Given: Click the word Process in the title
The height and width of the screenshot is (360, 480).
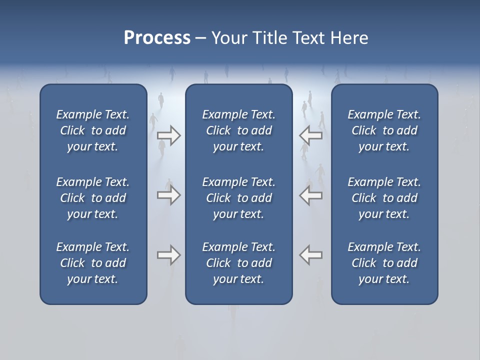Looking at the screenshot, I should pos(157,38).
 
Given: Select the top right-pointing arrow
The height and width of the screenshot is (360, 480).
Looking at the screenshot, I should pos(168,135).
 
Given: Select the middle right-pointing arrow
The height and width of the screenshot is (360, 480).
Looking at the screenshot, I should pos(168,195).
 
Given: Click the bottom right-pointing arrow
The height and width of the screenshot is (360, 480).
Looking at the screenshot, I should pos(168,255).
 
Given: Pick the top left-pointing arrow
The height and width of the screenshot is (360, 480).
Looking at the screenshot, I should pos(311,135).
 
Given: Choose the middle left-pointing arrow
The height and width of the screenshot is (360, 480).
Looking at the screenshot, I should pos(311,195).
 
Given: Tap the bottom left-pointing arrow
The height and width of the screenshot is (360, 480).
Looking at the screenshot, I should pos(311,255).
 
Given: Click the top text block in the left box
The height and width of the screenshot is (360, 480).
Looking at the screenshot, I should pos(93,130).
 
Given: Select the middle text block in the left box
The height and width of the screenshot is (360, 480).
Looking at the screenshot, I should pos(93,198).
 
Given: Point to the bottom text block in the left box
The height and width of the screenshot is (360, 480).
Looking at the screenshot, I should pos(93,263).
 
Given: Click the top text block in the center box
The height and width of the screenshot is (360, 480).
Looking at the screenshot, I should pos(238,130).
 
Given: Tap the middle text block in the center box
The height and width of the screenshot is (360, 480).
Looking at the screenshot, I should pos(238,198).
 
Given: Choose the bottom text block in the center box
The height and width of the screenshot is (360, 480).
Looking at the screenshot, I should pos(238,263).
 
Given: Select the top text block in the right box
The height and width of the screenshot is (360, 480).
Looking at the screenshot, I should pos(384,130).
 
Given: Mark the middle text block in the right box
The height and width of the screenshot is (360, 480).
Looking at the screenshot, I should pos(384,198).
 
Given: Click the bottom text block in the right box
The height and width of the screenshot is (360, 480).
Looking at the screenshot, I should pos(384,263).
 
